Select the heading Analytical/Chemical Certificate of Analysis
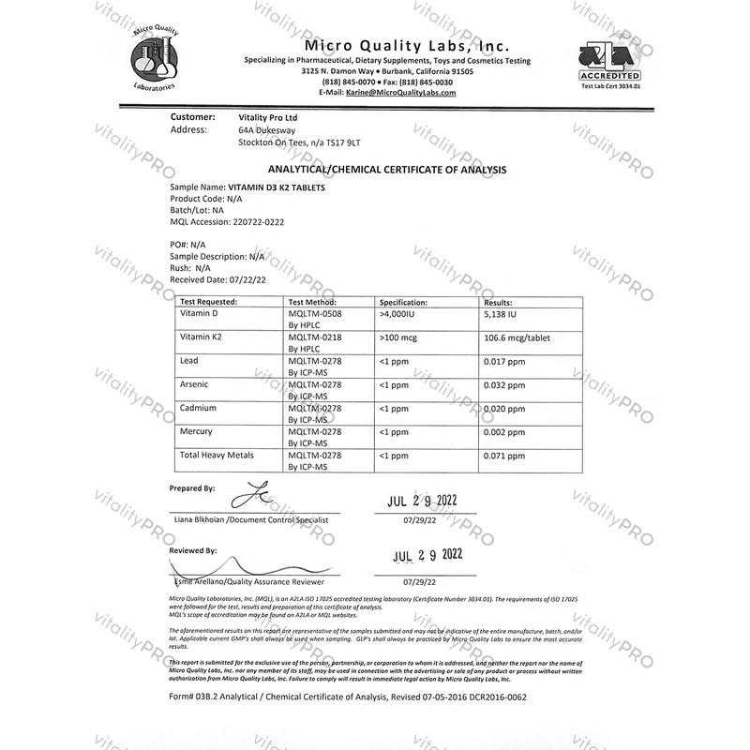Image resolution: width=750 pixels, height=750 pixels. [x=387, y=170]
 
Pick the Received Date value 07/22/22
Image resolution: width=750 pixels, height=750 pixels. [x=247, y=278]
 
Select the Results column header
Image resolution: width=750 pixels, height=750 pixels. [x=498, y=303]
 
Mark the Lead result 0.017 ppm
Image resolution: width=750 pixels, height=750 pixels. [x=504, y=360]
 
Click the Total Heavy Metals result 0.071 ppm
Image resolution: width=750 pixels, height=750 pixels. [x=504, y=455]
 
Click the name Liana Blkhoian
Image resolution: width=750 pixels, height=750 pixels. [x=202, y=518]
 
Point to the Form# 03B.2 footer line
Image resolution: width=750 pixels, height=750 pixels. [x=348, y=697]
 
